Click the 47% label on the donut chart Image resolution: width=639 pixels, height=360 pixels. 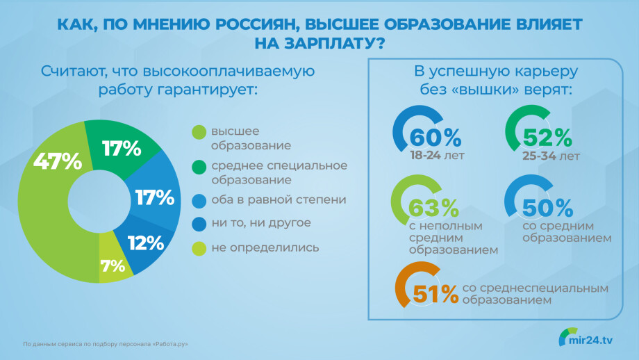point(58,161)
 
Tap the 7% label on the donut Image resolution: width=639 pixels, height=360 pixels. point(113,266)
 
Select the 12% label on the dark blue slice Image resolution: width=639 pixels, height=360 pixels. point(146,243)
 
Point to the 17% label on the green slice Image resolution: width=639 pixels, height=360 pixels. point(122,149)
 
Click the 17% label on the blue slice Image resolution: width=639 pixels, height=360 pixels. point(155,198)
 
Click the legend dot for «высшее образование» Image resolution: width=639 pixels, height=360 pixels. point(199,132)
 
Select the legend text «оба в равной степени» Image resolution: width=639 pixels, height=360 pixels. point(279,199)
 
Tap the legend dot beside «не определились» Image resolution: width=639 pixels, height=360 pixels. point(199,248)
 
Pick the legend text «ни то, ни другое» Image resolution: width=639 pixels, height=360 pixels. point(261,223)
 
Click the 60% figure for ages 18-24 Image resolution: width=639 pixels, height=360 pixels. point(435,138)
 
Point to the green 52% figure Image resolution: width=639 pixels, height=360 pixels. point(547,138)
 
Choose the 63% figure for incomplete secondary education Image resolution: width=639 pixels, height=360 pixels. point(433,208)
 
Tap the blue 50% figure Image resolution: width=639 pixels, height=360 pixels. point(547,208)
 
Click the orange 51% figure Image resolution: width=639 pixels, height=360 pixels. point(435,294)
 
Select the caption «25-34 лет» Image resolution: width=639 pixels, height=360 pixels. point(551,156)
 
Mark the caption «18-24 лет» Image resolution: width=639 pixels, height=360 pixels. point(437,156)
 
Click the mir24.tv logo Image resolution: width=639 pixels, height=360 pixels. point(586,338)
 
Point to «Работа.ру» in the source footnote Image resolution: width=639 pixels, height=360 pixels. point(170,344)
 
